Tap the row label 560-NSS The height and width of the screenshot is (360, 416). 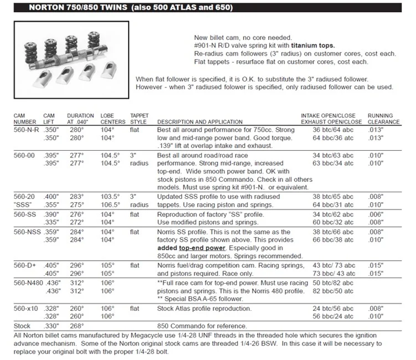click(26, 233)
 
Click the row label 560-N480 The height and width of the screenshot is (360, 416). click(28, 282)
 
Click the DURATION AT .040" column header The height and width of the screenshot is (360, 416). click(81, 119)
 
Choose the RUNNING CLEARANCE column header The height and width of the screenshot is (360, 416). click(383, 119)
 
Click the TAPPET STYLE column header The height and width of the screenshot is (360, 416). click(140, 119)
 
